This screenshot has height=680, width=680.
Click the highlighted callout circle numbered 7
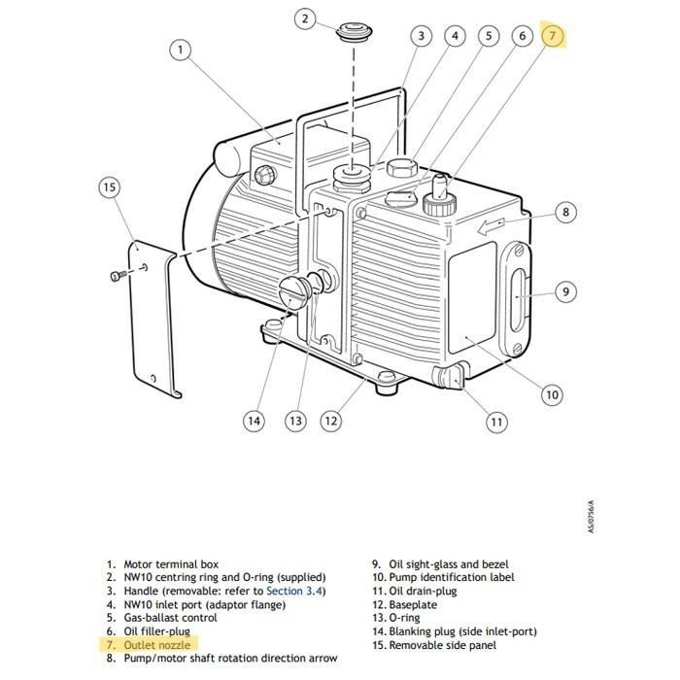click(552, 37)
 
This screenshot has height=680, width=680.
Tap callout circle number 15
click(110, 187)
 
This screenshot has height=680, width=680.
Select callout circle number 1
click(180, 49)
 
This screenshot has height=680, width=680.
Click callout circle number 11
click(496, 422)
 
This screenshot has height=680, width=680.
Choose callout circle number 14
click(254, 421)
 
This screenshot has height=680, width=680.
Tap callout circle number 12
click(331, 421)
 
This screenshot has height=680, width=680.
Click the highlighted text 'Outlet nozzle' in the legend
click(155, 644)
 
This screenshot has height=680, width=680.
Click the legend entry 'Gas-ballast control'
click(169, 617)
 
